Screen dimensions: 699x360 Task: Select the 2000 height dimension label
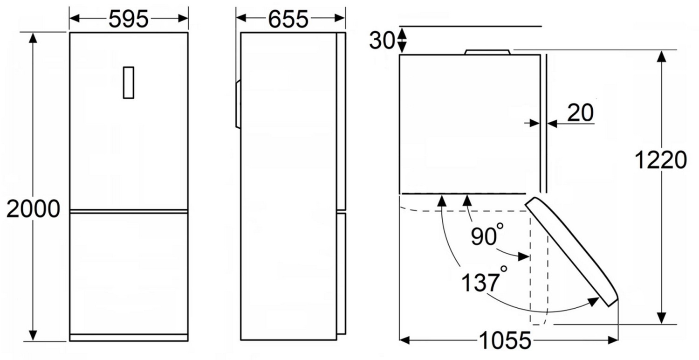(x=33, y=209)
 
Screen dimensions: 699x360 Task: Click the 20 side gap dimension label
(x=581, y=112)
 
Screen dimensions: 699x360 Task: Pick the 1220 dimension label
(x=661, y=160)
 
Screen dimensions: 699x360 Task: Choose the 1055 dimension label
(x=505, y=340)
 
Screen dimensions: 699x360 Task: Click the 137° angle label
(x=484, y=281)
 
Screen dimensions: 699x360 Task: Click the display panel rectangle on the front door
(x=129, y=83)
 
